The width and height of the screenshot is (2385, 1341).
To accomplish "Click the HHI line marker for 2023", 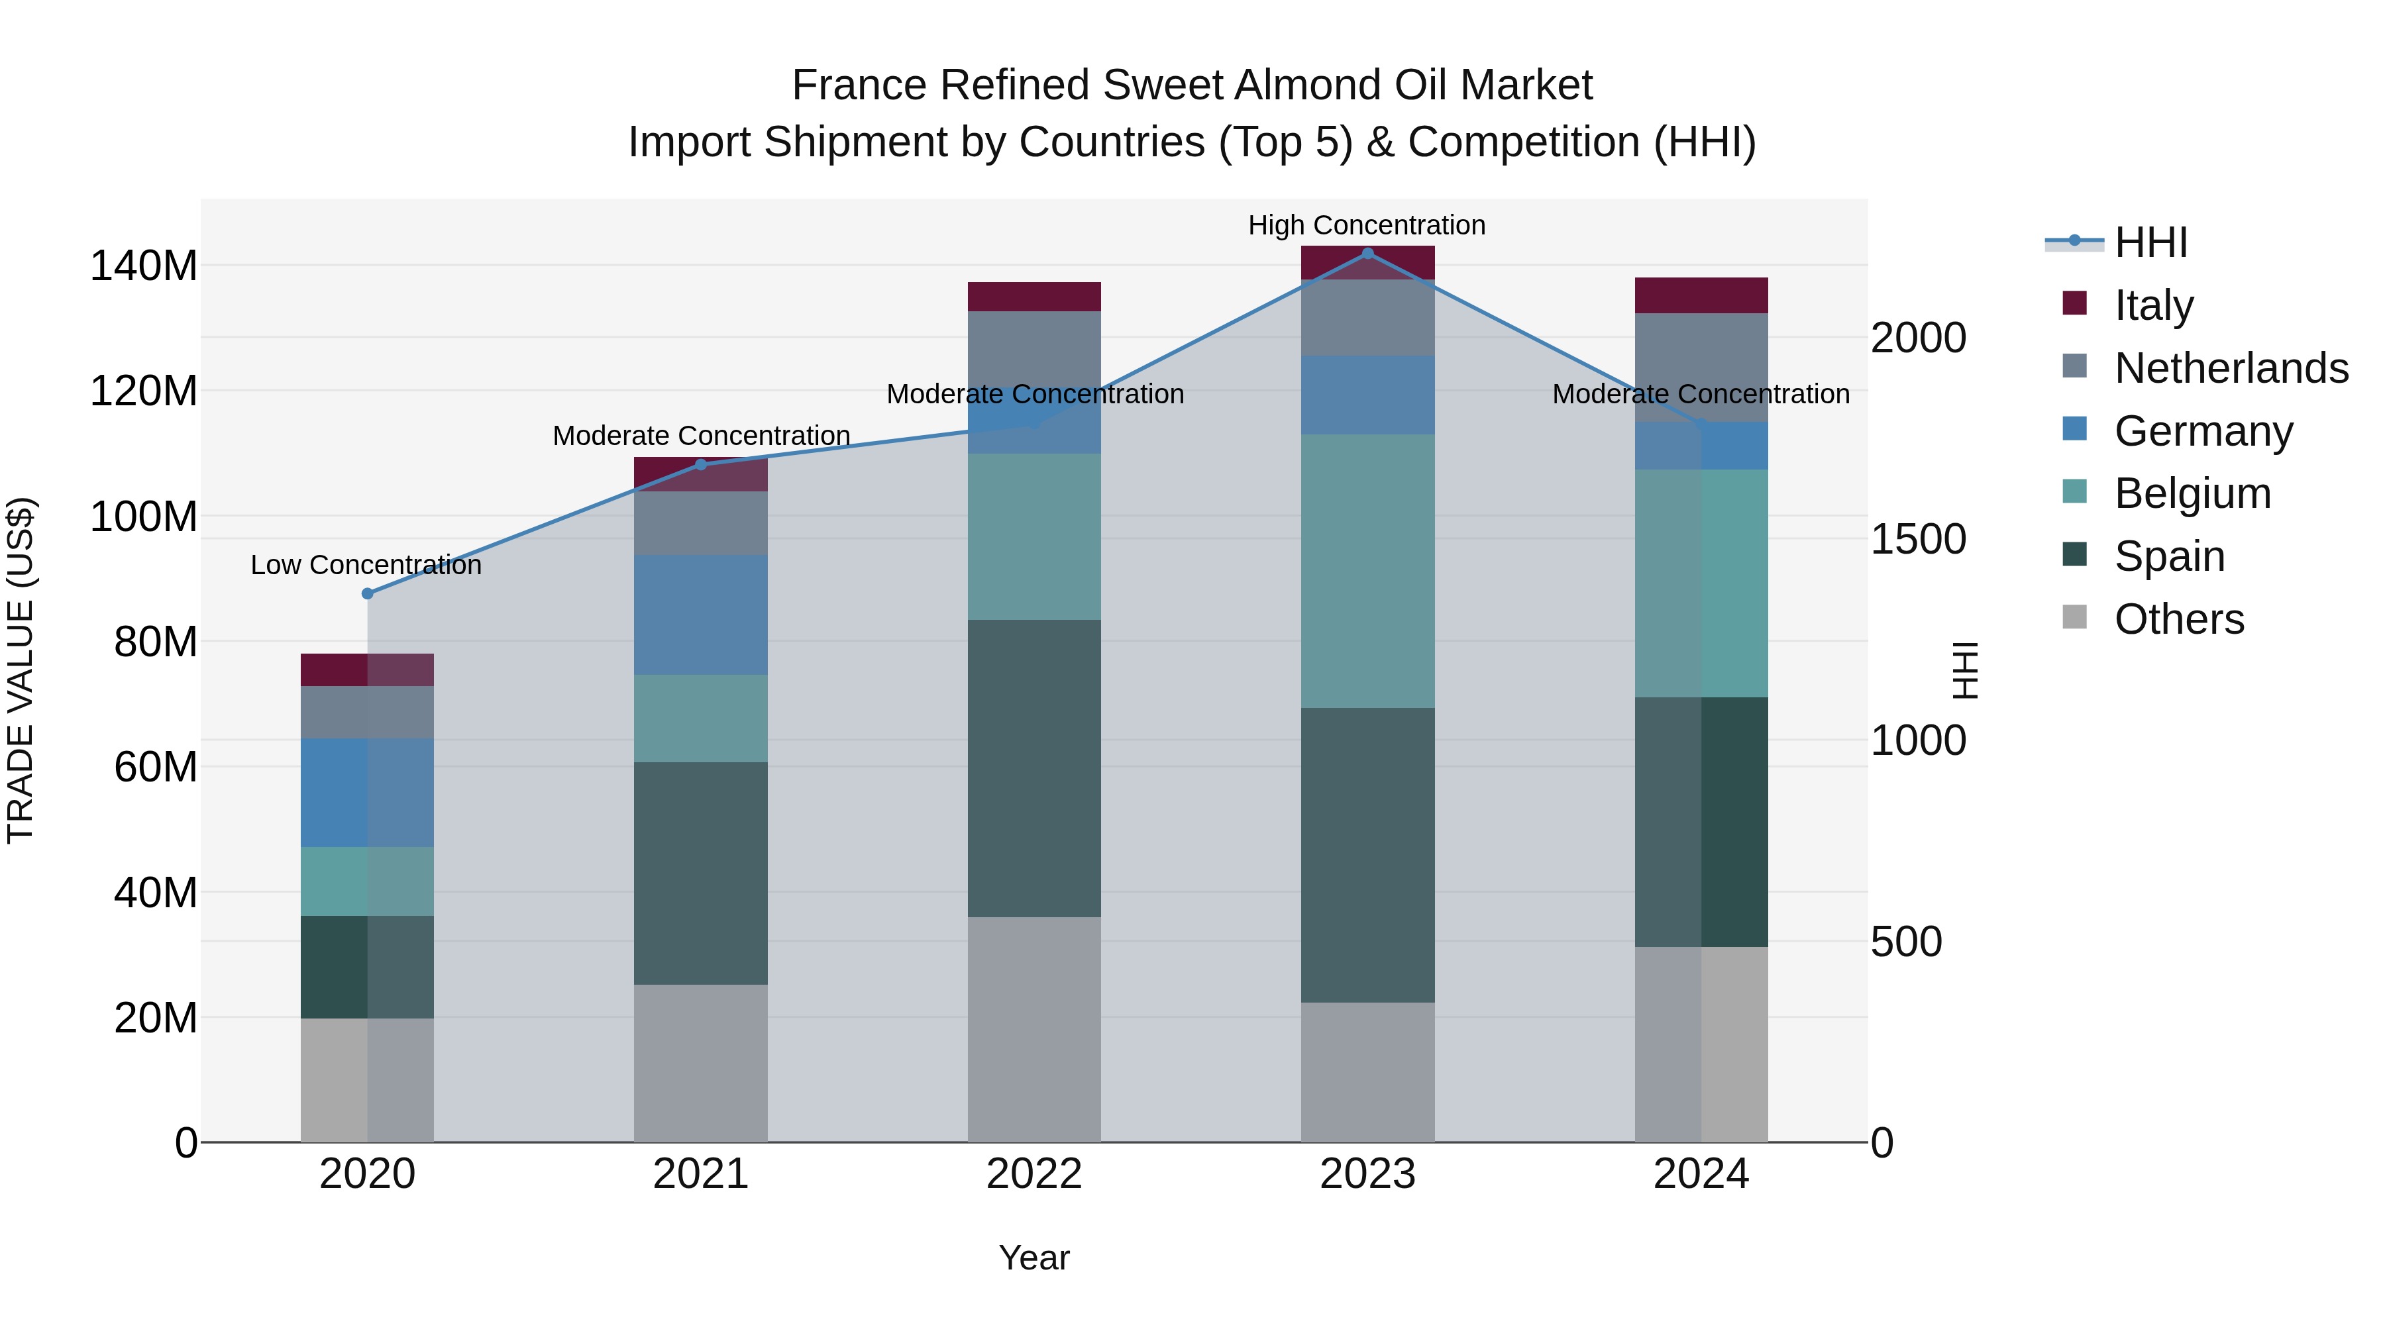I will tap(1367, 253).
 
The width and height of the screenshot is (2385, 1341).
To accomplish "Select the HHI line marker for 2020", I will tap(368, 593).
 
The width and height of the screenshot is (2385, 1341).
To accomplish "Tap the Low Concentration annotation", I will tap(366, 564).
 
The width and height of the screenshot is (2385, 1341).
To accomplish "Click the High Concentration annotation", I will tap(1367, 225).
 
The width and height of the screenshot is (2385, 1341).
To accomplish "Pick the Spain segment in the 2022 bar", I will tap(1034, 768).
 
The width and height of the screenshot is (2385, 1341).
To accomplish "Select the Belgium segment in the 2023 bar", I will tap(1367, 571).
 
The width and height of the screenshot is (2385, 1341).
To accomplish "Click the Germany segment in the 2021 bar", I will tap(701, 615).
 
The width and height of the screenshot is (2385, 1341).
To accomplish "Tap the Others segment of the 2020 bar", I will tap(368, 1080).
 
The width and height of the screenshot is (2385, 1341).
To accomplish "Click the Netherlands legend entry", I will tap(2231, 368).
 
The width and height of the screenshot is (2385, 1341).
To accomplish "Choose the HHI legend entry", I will tap(2150, 242).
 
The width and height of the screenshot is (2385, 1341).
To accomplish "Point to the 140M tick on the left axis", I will tap(144, 266).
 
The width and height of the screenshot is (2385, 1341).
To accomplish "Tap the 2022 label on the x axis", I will tap(1034, 1174).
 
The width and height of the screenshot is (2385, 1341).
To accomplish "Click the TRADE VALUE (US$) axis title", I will tap(21, 670).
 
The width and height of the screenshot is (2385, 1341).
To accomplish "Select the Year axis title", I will tap(1034, 1258).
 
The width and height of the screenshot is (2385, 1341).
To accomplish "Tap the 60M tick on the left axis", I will tap(156, 768).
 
